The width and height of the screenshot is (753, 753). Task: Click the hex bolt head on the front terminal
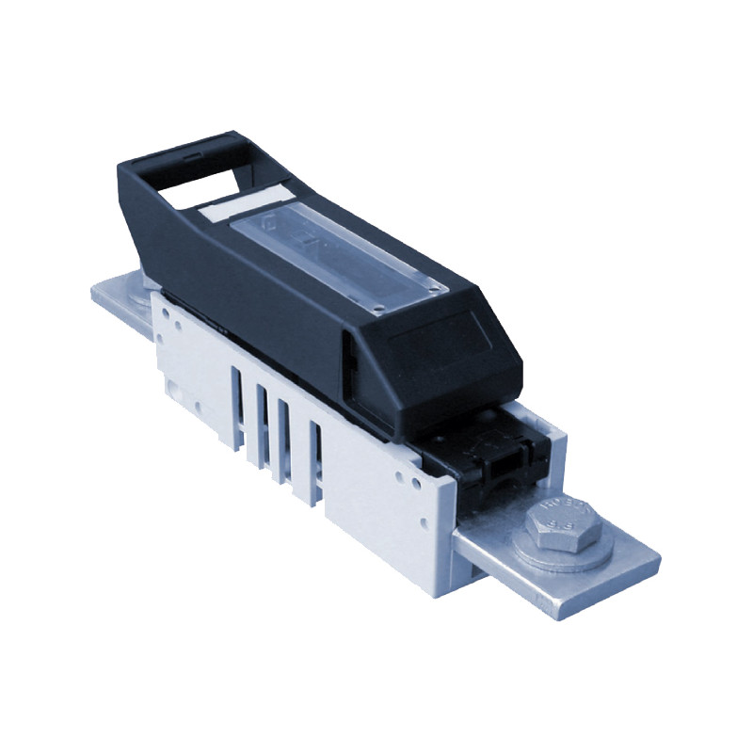click(562, 524)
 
